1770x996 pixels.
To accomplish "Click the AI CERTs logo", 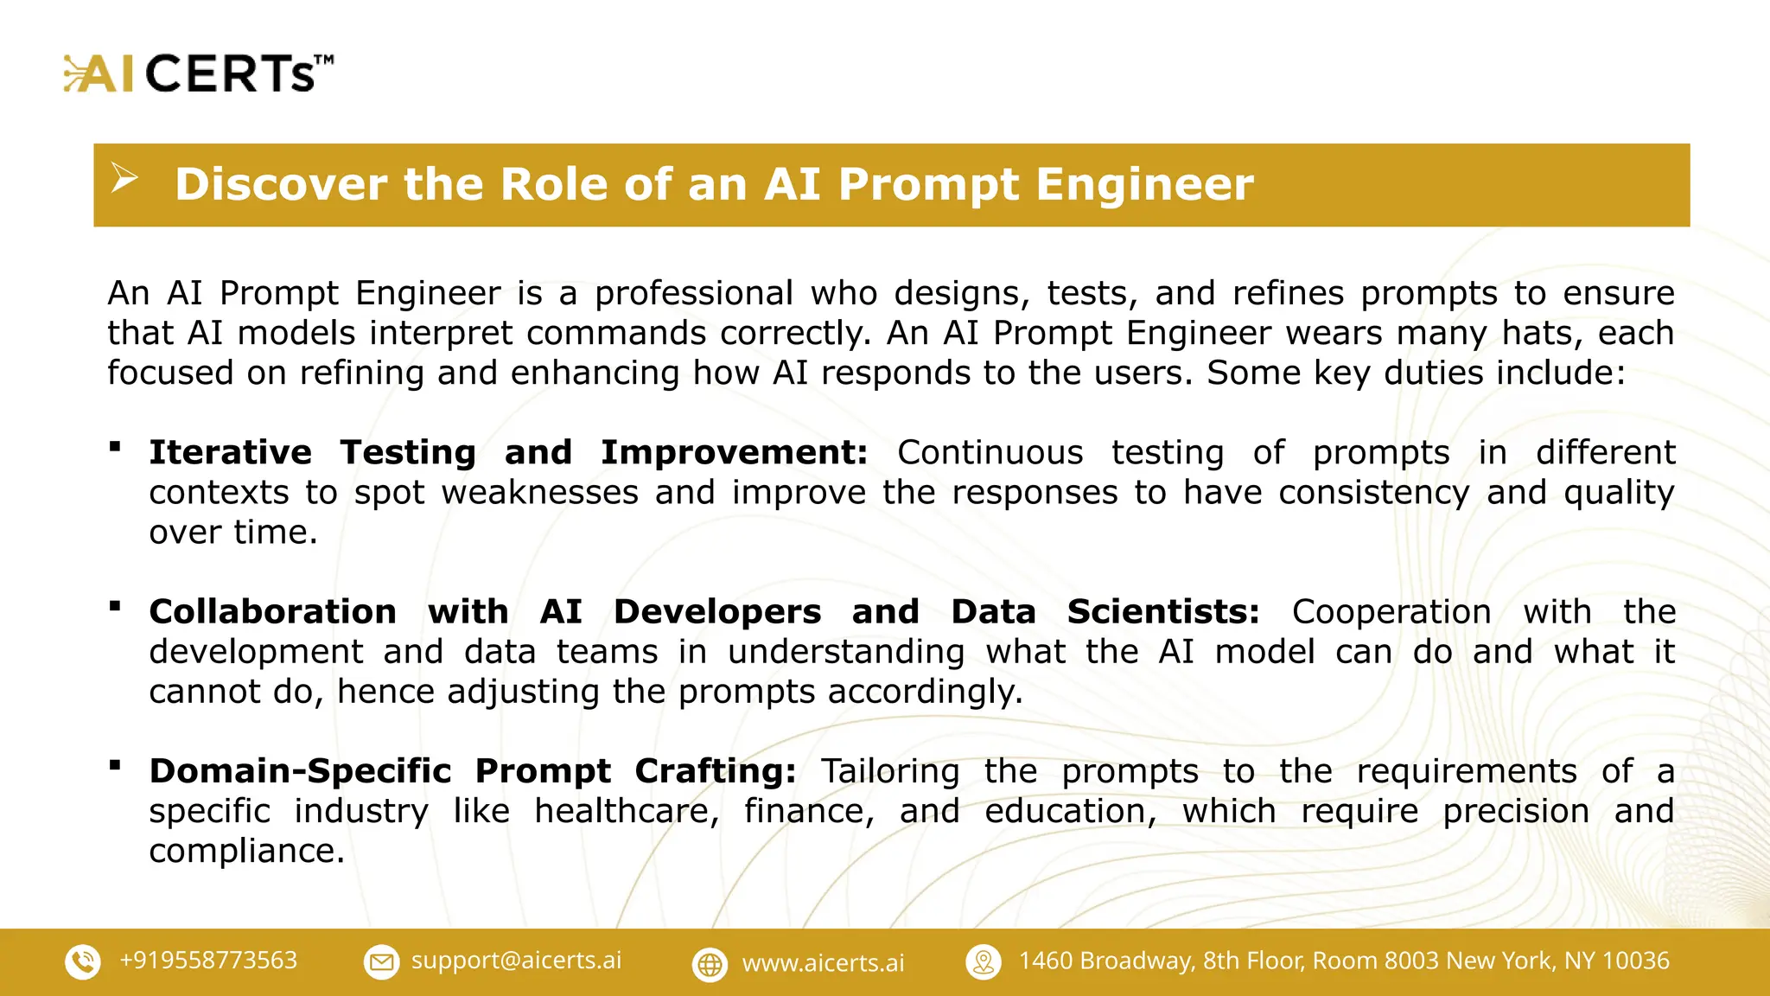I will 198,73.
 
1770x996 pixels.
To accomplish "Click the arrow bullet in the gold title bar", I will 124,179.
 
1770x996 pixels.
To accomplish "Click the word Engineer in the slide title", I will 1144,184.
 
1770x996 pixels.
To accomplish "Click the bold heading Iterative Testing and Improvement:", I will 507,452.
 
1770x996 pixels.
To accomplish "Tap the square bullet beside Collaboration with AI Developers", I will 115,606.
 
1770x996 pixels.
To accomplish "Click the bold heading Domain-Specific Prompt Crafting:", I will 472,770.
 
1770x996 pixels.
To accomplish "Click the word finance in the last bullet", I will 808,811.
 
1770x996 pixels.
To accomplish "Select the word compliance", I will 245,851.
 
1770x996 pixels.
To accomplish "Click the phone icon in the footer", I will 83,961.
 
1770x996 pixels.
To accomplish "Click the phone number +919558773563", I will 208,961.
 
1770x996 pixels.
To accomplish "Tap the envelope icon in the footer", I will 381,961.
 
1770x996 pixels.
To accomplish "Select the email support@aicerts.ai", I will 516,961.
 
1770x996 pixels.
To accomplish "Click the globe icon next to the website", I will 710,964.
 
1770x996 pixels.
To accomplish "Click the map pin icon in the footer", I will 984,961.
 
